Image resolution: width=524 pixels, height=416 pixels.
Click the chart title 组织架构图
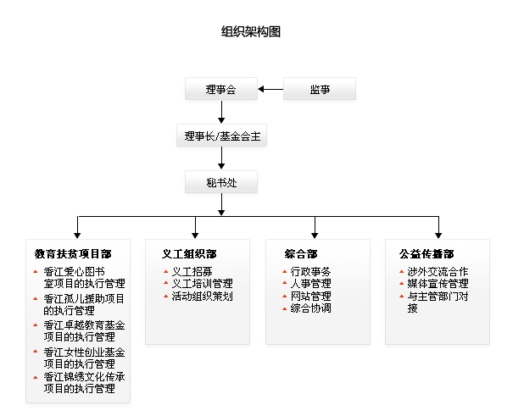click(250, 32)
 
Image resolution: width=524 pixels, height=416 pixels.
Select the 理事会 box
click(220, 89)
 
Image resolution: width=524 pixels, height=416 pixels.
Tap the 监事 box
click(319, 89)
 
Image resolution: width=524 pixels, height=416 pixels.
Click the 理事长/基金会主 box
click(220, 136)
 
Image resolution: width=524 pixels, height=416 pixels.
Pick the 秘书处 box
click(220, 182)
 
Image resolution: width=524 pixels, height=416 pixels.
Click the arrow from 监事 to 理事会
click(270, 89)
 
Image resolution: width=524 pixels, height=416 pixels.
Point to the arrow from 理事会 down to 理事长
click(220, 112)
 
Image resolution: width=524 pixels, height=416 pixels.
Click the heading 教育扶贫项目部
click(73, 253)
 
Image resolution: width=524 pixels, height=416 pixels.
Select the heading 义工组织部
click(189, 253)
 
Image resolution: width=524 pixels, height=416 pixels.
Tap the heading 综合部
click(301, 253)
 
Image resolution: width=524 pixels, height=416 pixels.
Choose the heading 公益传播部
click(426, 253)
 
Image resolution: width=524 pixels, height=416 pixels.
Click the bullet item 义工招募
click(189, 272)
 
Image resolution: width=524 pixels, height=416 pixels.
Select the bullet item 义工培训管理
click(202, 284)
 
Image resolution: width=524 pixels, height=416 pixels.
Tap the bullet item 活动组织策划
click(202, 297)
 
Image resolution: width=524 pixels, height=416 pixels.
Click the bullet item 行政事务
click(310, 272)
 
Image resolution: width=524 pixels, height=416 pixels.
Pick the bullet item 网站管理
click(310, 297)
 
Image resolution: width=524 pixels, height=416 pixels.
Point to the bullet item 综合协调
click(310, 308)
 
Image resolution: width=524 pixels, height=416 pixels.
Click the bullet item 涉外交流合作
click(438, 272)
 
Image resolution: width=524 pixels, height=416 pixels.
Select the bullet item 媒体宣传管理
click(438, 284)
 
